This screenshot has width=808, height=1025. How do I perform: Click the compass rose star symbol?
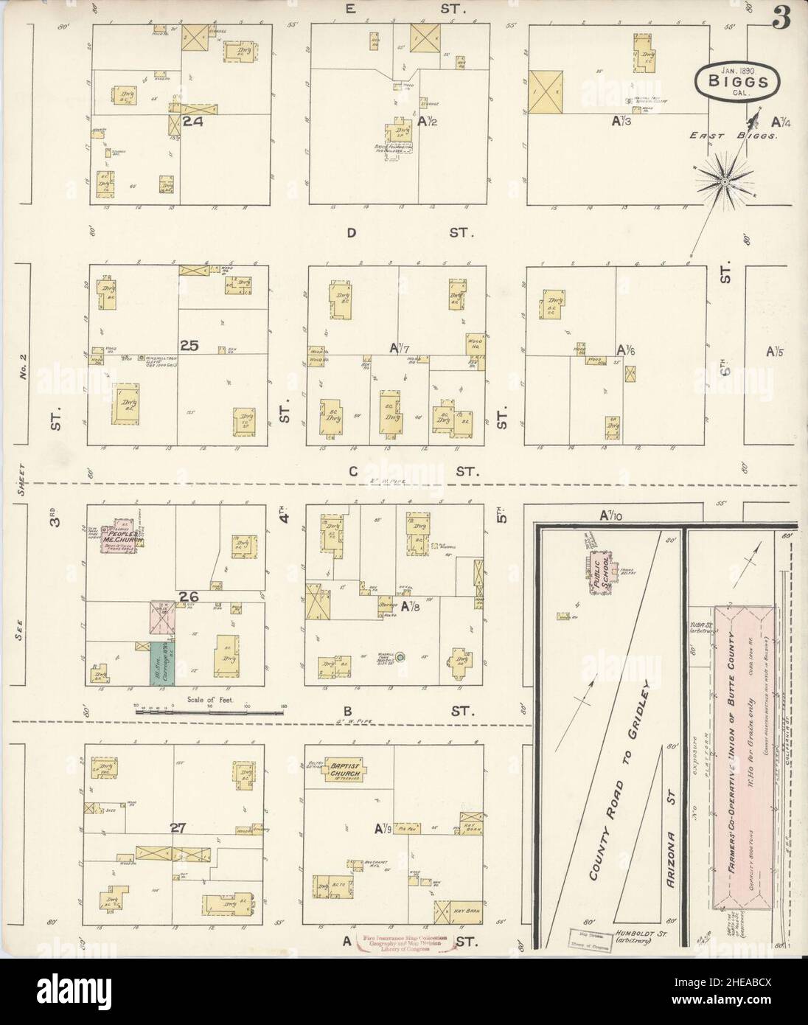point(725,179)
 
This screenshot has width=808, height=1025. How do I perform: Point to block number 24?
point(194,122)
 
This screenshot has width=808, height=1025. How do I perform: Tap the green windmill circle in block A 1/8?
point(400,656)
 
